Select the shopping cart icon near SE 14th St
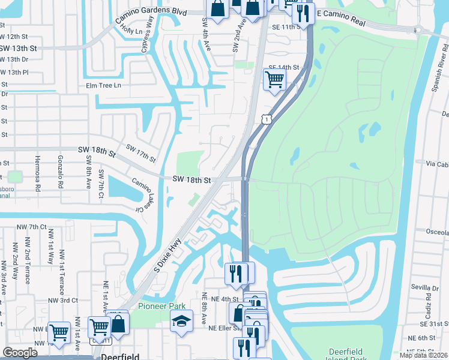(x=274, y=79)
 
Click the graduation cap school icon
(x=181, y=322)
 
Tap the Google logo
(x=20, y=353)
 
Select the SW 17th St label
(x=140, y=154)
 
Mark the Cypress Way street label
(x=148, y=34)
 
